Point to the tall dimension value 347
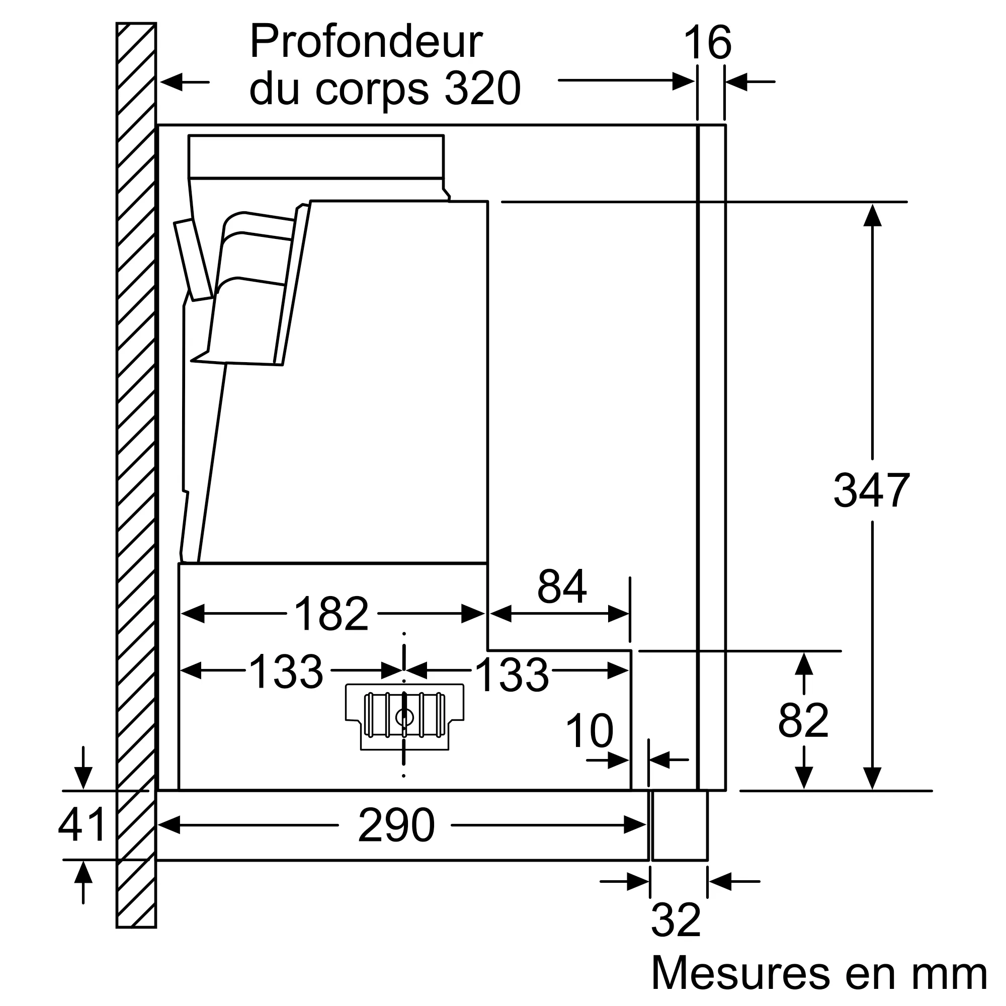[871, 490]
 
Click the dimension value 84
[562, 587]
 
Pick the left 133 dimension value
[286, 672]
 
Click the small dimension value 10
[590, 731]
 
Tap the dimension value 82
[803, 721]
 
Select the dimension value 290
[396, 825]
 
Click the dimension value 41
[82, 825]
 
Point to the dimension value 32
[676, 920]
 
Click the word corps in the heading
[372, 89]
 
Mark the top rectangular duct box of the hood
[315, 157]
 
